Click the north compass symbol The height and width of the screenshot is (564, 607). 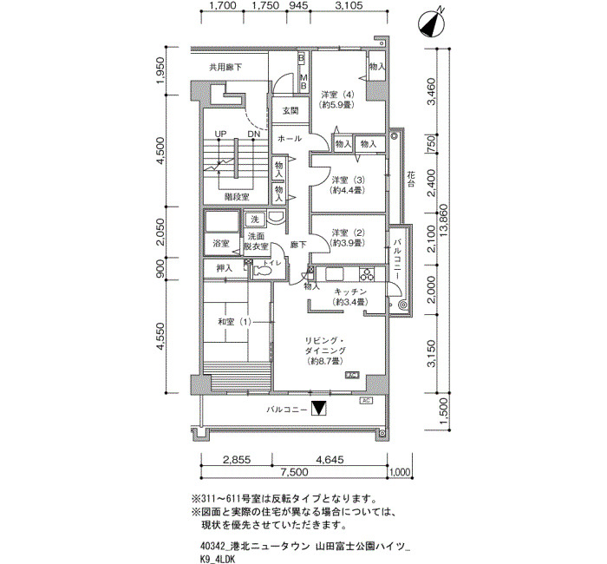[431, 24]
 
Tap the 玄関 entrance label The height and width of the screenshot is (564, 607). [290, 111]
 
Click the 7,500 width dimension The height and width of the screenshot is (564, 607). [295, 472]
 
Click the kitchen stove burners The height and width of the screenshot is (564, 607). [367, 274]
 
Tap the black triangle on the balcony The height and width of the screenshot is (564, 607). [319, 409]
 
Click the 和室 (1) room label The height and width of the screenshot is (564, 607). [235, 322]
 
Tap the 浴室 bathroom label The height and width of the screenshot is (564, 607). [220, 244]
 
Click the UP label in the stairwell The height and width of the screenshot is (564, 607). [220, 134]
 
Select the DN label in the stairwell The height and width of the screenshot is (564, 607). [254, 134]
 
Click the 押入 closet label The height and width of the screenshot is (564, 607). [224, 268]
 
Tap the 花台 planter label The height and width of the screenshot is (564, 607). [411, 180]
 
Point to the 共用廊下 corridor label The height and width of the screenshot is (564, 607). [225, 67]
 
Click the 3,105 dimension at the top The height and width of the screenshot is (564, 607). [349, 5]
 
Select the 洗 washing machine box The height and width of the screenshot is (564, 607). [254, 220]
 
